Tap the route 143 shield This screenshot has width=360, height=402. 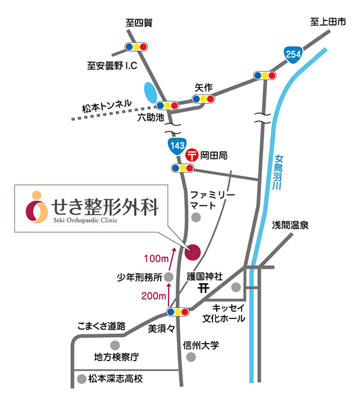[178, 146]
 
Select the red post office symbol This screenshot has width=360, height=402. [192, 155]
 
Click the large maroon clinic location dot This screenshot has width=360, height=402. [192, 252]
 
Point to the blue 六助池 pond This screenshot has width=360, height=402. [151, 93]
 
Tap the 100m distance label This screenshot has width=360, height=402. [156, 258]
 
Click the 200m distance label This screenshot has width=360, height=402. [154, 296]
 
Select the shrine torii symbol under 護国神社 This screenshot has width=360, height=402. [203, 289]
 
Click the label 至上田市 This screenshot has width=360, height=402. [328, 22]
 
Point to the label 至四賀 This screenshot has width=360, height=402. [139, 23]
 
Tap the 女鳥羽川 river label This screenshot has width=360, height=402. [278, 172]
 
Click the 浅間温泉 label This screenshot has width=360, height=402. [290, 225]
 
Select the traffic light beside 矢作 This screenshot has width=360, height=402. [203, 99]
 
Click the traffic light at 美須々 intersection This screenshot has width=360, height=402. [178, 312]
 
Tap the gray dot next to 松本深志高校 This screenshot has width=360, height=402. [81, 379]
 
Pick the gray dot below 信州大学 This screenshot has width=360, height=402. [191, 357]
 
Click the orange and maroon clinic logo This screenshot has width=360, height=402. [37, 207]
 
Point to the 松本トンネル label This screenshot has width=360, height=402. [107, 107]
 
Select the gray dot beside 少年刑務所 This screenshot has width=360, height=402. [169, 277]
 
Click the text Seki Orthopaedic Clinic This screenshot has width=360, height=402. [85, 220]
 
